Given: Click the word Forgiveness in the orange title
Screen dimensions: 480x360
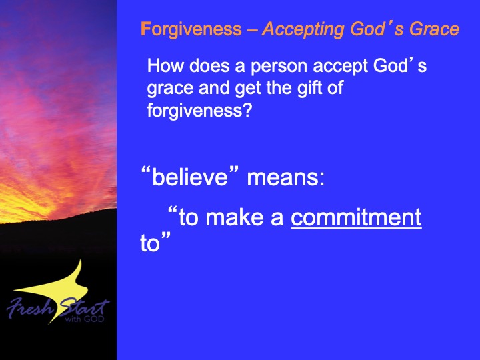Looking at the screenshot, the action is (191, 30).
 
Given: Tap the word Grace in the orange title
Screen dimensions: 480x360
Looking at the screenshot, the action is (435, 29).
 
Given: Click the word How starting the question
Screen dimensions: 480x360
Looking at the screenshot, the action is (165, 66).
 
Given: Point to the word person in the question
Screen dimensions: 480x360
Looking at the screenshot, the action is (279, 67).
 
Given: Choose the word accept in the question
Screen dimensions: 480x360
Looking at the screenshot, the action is (340, 67).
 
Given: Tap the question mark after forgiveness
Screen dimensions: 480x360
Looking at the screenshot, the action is (247, 110).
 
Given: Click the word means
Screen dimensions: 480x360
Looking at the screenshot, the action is (282, 178).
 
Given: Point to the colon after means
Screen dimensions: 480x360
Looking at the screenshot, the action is (321, 179).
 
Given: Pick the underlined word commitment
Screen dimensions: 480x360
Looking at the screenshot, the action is (356, 217).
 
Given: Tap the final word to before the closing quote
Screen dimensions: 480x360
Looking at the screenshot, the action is (150, 244).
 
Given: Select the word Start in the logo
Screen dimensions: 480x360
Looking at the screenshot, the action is (83, 307).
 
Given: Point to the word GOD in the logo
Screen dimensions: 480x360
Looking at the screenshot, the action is (94, 319).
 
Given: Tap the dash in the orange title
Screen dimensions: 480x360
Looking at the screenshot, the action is (251, 31).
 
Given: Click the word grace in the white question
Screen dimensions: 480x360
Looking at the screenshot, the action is (170, 89).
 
